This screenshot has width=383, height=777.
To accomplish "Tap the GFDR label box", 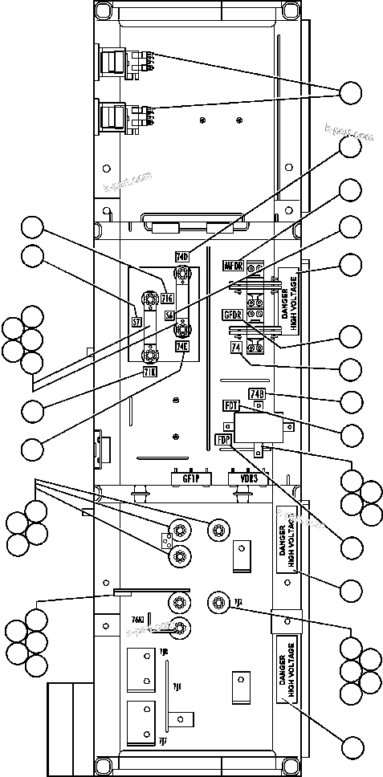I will (233, 314).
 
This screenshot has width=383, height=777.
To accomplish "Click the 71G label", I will (167, 299).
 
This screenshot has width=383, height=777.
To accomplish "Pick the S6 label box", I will (169, 316).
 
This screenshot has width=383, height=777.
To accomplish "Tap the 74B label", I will (257, 393).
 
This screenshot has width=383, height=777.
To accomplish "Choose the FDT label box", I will (231, 406).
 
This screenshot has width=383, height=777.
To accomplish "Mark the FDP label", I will (223, 439).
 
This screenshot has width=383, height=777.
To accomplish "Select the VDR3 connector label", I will (243, 478).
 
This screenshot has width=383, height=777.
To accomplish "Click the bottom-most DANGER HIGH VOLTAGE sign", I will (287, 672).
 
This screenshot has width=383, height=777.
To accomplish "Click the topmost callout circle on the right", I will (350, 93).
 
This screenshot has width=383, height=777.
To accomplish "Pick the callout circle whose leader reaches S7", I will (33, 257).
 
